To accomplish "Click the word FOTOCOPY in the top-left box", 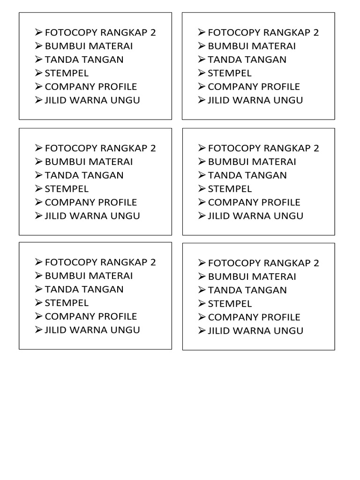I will (71, 32).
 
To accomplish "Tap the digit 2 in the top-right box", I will (316, 32).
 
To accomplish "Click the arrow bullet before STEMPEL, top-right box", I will (202, 73).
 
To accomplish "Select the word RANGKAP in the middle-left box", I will (123, 148).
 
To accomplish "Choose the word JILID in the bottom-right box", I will (218, 330).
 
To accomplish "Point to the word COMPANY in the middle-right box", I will (230, 202).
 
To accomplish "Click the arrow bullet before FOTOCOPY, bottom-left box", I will (38, 262).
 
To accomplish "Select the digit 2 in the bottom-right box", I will (316, 263).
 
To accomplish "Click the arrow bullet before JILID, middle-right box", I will (202, 216).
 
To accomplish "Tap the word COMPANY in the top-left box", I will (67, 87).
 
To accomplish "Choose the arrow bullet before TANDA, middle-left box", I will (38, 175).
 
